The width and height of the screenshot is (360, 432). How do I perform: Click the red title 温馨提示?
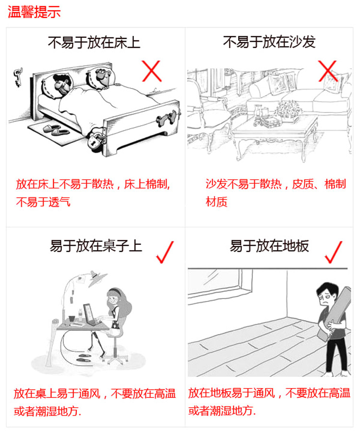point(34,12)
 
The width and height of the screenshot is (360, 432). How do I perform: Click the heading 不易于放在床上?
point(94,42)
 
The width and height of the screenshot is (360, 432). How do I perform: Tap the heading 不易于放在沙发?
point(269,42)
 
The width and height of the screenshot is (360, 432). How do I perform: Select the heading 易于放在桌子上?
point(96,246)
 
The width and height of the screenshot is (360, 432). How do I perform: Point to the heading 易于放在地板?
point(269,246)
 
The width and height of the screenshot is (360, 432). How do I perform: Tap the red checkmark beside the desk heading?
point(165,252)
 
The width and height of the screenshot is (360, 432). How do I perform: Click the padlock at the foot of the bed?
point(96,142)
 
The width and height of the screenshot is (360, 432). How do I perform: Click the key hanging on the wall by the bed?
point(17,76)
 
